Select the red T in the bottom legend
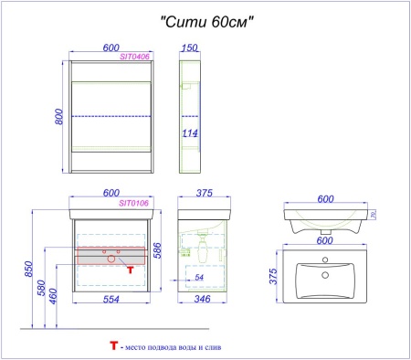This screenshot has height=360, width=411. coord(114,347)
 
